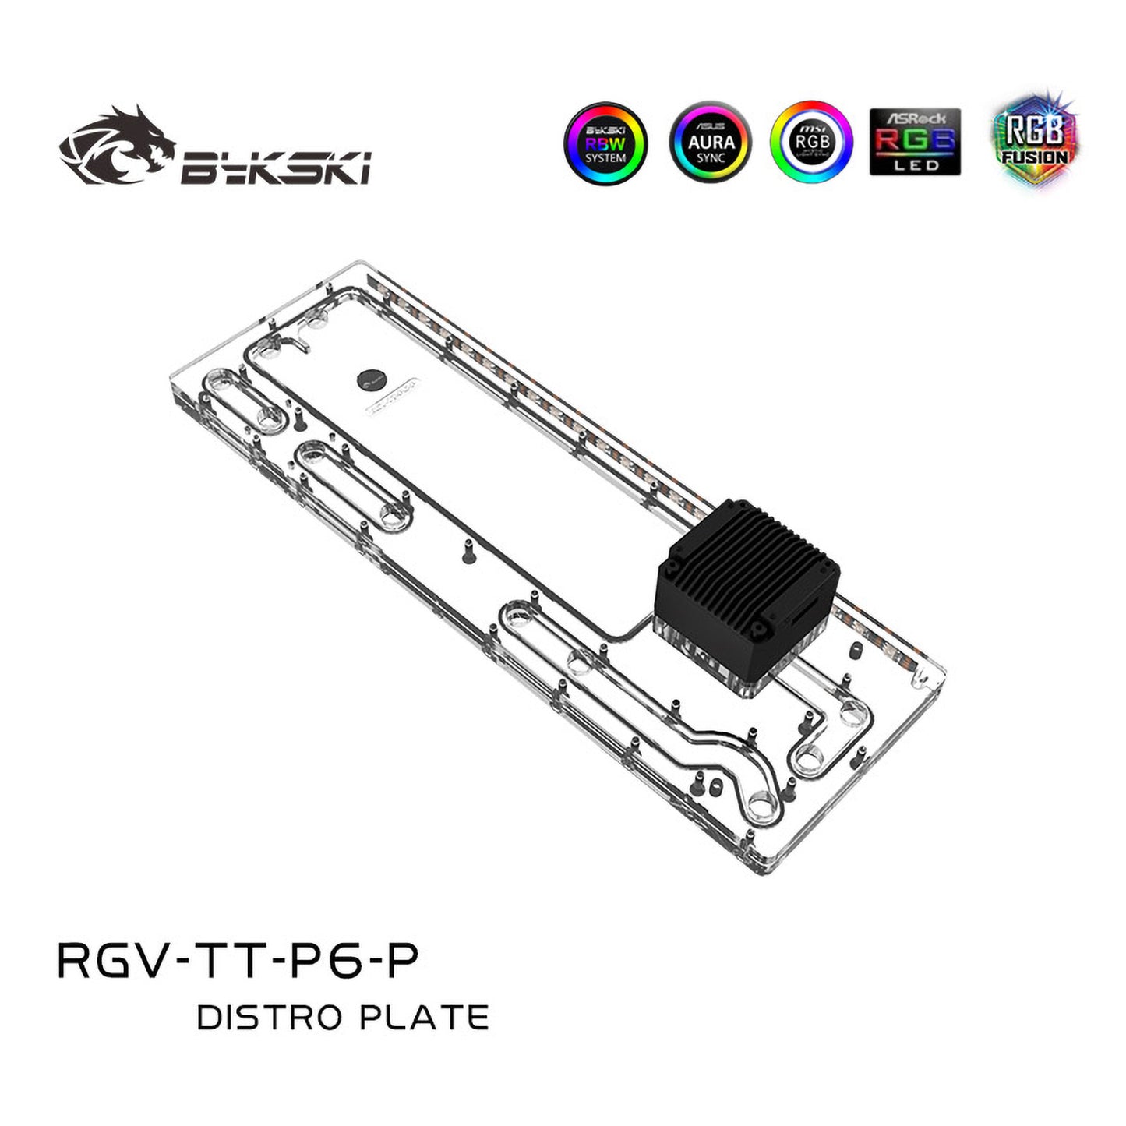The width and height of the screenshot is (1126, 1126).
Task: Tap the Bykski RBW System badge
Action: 605,143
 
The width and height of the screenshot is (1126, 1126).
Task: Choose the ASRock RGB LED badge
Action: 915,142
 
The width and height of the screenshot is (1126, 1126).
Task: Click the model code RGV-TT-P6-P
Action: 238,960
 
